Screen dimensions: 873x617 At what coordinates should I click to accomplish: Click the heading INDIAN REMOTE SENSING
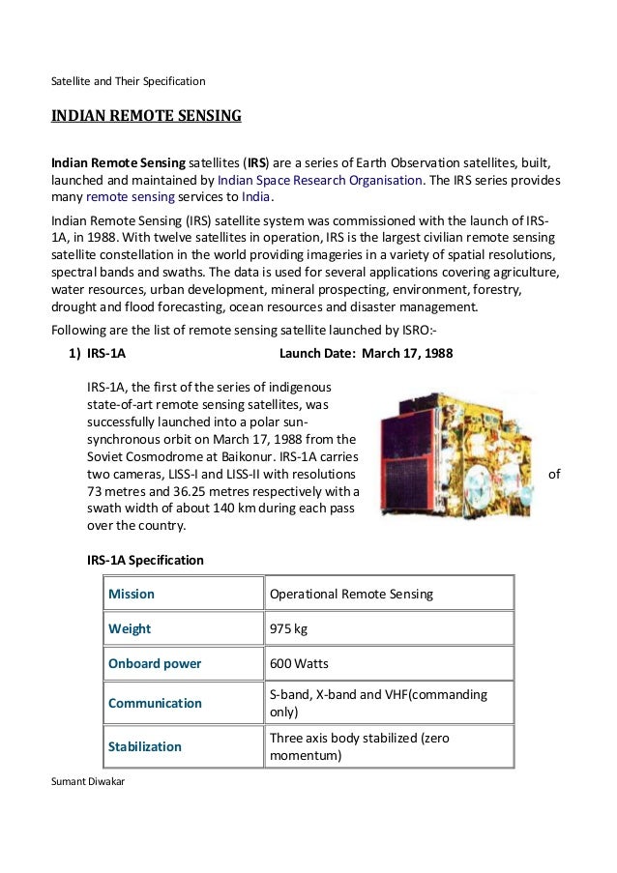pyautogui.click(x=146, y=117)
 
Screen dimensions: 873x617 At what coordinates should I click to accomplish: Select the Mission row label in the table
pyautogui.click(x=132, y=594)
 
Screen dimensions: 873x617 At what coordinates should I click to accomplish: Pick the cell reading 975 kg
pyautogui.click(x=288, y=628)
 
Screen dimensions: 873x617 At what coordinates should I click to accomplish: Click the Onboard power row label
pyautogui.click(x=155, y=664)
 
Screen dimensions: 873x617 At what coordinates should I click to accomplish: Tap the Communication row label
pyautogui.click(x=155, y=703)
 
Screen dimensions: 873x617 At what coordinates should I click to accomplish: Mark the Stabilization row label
pyautogui.click(x=145, y=746)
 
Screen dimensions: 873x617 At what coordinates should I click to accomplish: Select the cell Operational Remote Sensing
pyautogui.click(x=351, y=594)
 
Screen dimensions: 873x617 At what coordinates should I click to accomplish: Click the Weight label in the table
pyautogui.click(x=130, y=628)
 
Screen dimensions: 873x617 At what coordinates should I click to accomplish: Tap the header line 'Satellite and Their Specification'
pyautogui.click(x=128, y=80)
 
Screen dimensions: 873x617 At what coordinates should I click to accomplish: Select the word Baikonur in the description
pyautogui.click(x=281, y=457)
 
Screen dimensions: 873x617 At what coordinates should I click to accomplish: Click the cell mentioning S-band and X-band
pyautogui.click(x=378, y=703)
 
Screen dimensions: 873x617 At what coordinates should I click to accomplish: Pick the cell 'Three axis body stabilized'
pyautogui.click(x=359, y=746)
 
